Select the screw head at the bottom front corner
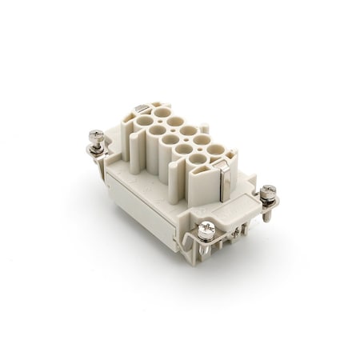206,230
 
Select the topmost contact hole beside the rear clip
162,112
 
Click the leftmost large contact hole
146,122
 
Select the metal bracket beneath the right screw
269,210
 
